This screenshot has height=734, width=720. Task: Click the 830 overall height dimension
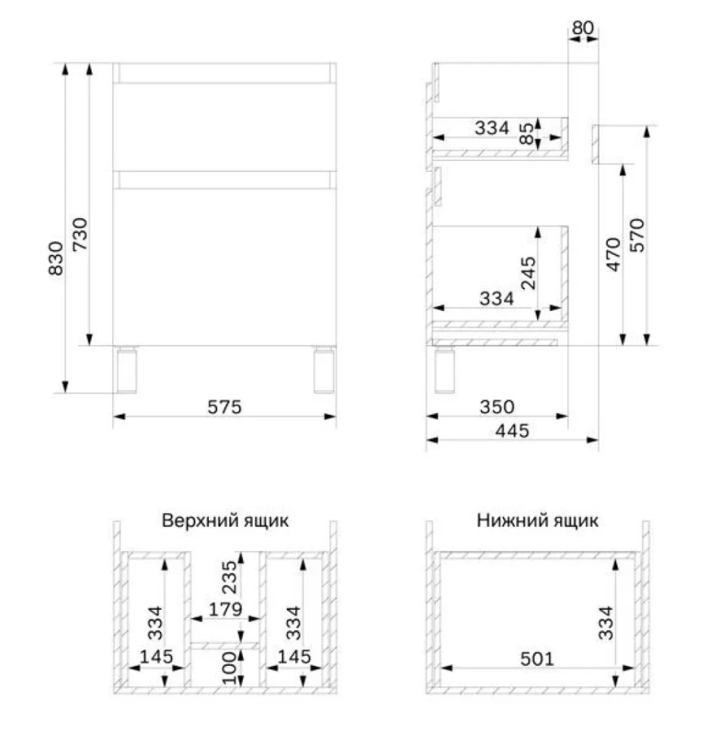click(56, 258)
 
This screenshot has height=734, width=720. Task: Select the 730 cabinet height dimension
click(80, 234)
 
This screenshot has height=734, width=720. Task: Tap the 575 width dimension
click(225, 407)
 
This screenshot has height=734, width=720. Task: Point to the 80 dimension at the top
click(583, 28)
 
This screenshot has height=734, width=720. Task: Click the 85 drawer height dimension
click(528, 133)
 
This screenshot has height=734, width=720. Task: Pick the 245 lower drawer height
click(528, 273)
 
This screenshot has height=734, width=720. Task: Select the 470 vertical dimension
click(613, 254)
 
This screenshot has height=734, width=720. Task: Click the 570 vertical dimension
click(637, 235)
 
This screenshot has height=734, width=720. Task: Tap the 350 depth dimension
click(497, 407)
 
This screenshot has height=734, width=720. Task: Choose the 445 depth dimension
click(513, 431)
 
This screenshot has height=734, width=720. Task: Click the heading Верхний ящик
click(225, 521)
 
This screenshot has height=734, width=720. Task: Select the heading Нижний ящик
click(538, 521)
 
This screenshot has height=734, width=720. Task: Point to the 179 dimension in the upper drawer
click(226, 609)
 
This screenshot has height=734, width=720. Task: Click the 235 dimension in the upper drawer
click(229, 577)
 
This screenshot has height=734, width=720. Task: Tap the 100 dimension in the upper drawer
click(229, 668)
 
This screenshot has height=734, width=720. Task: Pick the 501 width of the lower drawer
click(538, 659)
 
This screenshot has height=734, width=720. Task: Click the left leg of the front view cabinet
click(126, 370)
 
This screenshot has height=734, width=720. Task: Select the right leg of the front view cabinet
click(324, 370)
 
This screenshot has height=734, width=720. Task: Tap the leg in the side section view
click(444, 370)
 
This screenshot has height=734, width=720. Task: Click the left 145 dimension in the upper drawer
click(157, 657)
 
